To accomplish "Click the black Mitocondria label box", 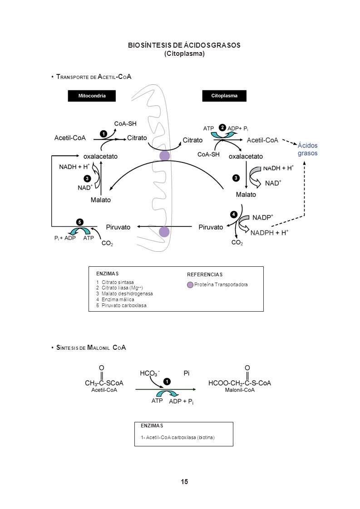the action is (92, 96).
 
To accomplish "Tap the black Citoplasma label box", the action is (224, 96).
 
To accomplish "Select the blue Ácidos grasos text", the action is (307, 149).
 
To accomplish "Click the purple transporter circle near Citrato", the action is (165, 156).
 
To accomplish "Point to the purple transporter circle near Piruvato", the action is (164, 232).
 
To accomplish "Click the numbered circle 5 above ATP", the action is (79, 222).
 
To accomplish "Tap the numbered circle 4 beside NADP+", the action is (234, 214).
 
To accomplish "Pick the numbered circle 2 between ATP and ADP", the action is (222, 127).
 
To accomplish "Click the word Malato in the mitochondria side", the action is (101, 200).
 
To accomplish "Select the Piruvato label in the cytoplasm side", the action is (211, 227).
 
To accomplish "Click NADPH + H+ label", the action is (269, 232).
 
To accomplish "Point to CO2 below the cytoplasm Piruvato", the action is (237, 243).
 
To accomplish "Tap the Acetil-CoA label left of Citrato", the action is (70, 138).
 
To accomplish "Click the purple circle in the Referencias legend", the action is (190, 285).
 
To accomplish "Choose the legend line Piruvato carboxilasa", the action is (121, 305).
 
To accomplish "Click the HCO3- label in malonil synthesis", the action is (149, 374).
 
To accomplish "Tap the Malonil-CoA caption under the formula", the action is (240, 390).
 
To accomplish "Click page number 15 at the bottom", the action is (184, 482).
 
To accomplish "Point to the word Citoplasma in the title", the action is (184, 54).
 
